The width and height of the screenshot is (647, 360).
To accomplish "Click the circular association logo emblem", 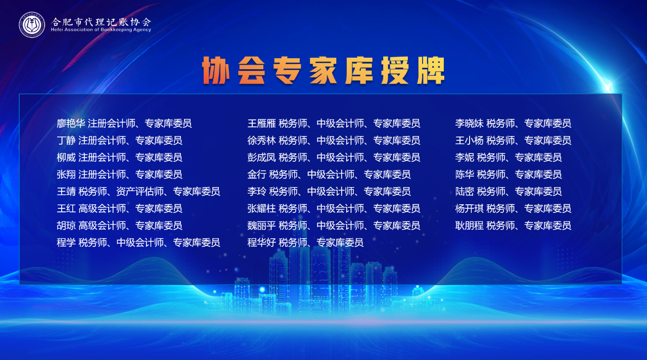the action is coord(32,25).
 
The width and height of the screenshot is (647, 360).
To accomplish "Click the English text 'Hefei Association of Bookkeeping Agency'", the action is coord(101,29).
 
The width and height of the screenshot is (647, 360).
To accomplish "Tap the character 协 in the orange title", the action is coord(216,70).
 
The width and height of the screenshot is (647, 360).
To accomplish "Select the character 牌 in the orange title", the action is coord(430,70).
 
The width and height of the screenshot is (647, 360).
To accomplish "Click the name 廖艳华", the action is coord(71,123).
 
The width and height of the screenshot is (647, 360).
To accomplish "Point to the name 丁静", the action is coord(66,141).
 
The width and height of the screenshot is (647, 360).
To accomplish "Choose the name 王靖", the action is coord(66,192).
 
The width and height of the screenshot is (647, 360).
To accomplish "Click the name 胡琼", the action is coord(66,226).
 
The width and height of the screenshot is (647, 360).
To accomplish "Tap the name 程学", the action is coord(66,243).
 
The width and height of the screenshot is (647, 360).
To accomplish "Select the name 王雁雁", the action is coord(261,123).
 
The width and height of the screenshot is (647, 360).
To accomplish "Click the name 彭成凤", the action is coord(261,157).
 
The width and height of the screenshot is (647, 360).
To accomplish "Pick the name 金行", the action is coord(257,174).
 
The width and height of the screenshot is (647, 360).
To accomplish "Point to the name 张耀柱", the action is coord(261,209).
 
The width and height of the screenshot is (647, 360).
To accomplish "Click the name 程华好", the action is coord(261,243).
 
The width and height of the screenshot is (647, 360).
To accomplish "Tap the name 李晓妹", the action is coord(470,123).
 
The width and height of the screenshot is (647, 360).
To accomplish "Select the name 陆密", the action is coord(465,192).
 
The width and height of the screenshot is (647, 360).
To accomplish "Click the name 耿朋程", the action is coord(470,226).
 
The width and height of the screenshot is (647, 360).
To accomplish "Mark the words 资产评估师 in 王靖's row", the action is coord(140,192).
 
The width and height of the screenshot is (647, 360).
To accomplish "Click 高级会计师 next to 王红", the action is coord(102,209).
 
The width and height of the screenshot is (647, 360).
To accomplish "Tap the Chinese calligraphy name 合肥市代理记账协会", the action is coord(101,21).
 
